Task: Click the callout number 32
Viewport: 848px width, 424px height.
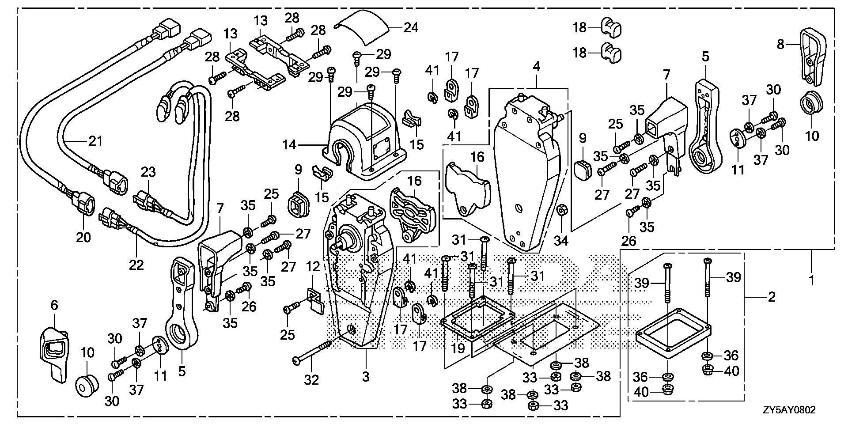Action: [x=311, y=379]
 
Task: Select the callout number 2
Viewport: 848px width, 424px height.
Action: [x=771, y=297]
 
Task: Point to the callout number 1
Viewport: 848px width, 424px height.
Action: [x=812, y=280]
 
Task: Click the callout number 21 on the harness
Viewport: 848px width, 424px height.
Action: [x=95, y=141]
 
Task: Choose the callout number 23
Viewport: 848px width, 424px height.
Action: [x=149, y=172]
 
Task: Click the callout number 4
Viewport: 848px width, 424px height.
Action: [x=536, y=67]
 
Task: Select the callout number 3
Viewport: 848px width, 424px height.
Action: [x=366, y=377]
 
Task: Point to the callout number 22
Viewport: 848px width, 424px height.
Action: [x=136, y=265]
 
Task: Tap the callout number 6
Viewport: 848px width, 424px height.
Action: [x=54, y=305]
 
